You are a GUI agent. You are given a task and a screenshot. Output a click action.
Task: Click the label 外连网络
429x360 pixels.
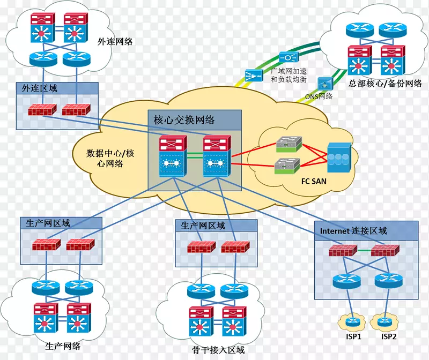115,41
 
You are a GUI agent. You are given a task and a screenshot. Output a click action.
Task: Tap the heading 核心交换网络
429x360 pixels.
184,120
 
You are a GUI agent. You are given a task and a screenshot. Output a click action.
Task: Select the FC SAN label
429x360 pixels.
314,181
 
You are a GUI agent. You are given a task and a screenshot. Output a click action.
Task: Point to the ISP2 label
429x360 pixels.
389,336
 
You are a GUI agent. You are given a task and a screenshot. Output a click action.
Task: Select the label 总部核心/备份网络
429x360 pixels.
384,84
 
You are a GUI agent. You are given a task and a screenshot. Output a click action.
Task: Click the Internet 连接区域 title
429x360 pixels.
353,231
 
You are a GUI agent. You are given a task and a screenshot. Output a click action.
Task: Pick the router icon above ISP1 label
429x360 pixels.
351,322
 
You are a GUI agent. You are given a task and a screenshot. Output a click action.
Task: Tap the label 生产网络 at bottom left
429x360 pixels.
63,346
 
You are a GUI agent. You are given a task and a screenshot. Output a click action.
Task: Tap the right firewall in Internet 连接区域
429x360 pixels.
385,251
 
